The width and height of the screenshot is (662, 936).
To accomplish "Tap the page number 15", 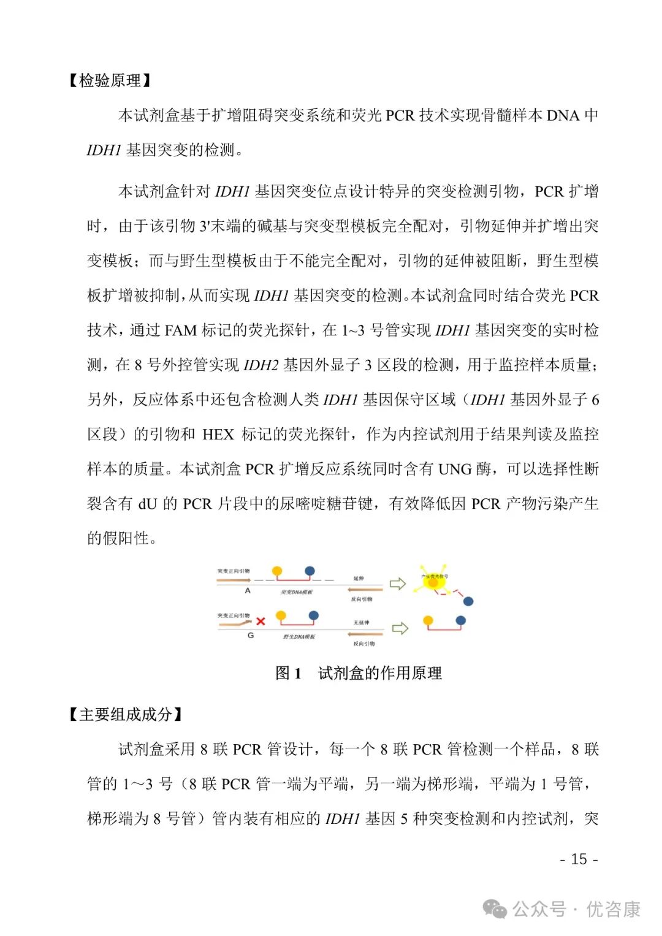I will (579, 859).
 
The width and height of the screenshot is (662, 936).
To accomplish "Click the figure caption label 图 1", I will (288, 673).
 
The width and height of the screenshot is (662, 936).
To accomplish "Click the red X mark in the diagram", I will (261, 621).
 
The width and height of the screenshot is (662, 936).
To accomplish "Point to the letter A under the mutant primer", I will (248, 591).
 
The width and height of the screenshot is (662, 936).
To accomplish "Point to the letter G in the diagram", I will (250, 636).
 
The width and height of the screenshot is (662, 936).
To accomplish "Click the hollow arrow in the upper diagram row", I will (398, 583).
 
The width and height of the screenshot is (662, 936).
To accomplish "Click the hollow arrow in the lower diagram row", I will (400, 628).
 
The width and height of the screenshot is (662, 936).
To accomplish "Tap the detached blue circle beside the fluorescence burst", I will (468, 601).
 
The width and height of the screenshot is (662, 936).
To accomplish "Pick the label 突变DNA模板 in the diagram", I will (297, 592).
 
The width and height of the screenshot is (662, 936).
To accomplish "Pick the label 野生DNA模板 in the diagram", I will (299, 637).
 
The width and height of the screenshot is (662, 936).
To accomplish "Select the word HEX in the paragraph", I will (218, 435).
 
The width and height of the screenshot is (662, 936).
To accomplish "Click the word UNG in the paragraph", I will (455, 470).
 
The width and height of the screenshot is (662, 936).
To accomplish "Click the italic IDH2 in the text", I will (261, 365).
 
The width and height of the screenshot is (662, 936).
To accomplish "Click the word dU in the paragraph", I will (148, 504).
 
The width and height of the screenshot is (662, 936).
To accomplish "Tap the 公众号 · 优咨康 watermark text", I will (576, 909).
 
